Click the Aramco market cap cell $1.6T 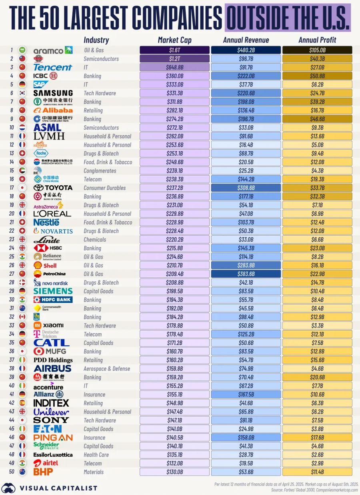point(174,50)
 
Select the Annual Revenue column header point(246,40)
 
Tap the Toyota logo point(53,188)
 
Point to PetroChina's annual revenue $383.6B point(246,274)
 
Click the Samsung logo point(53,93)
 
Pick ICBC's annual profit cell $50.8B point(317,76)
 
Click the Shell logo point(45,265)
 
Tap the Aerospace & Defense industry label point(106,369)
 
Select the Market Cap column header point(174,40)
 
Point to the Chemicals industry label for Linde point(95,240)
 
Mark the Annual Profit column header point(317,40)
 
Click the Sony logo point(51,420)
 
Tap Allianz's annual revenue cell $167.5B point(246,395)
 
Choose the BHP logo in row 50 point(43,472)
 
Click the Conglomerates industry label point(100,171)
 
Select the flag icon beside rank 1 point(23,50)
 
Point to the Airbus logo point(52,369)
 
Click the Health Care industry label point(96,455)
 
